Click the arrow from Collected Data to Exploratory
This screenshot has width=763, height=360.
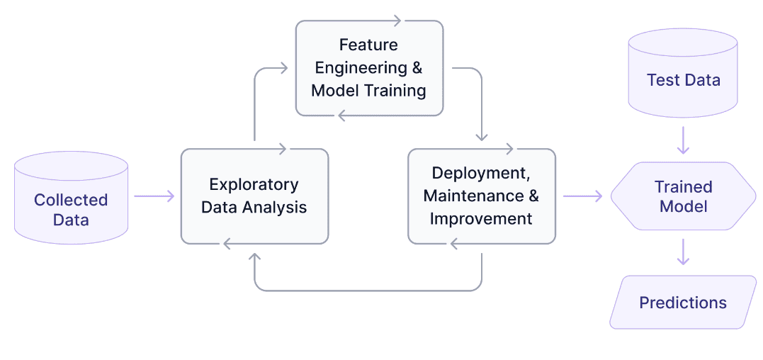point(154,196)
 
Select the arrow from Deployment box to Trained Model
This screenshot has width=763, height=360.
point(582,196)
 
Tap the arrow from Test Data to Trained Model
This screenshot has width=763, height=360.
point(683,140)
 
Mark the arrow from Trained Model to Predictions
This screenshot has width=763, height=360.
point(683,252)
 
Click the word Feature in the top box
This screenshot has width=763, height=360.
point(368,45)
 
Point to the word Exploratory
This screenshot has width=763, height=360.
point(254,184)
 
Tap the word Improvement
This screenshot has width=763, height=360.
point(481,218)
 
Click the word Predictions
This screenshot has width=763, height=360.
point(683,303)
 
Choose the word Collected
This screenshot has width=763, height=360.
point(71,200)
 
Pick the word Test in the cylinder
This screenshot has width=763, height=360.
point(662,80)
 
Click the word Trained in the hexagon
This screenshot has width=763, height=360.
point(683,187)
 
